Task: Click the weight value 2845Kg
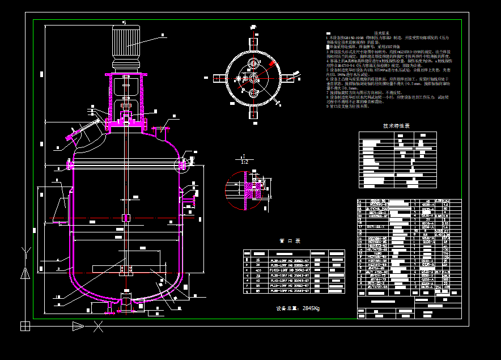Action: (298, 308)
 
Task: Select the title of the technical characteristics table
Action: (396, 126)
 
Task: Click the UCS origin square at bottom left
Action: (25, 326)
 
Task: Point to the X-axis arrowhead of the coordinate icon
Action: (78, 326)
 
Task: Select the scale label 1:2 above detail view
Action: (244, 161)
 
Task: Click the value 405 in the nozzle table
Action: (259, 270)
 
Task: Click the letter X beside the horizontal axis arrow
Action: (99, 326)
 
